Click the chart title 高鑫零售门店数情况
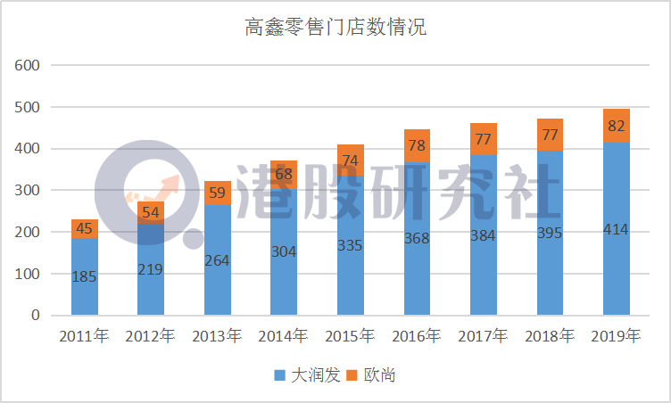coord(335,28)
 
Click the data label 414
coord(616,229)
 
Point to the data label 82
coord(616,126)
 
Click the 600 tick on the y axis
coord(28,65)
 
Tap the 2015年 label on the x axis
coord(351,336)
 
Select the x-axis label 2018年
coord(550,336)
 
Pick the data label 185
coord(85,276)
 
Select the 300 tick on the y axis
coord(28,190)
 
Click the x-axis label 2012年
coord(151,336)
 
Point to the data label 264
coord(218,260)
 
